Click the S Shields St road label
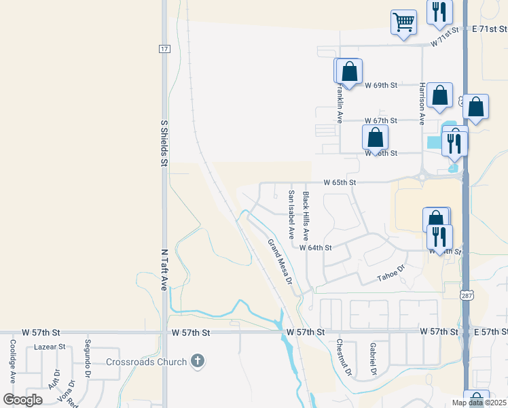tap(164, 143)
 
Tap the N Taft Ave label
tap(164, 270)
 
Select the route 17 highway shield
tap(164, 49)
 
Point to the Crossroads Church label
tap(146, 362)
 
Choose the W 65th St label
tap(340, 183)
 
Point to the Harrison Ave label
tap(422, 103)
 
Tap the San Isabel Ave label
tap(291, 214)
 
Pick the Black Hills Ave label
tap(306, 216)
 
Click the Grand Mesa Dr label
tap(279, 262)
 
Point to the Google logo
tap(23, 399)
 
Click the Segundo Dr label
tap(87, 358)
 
